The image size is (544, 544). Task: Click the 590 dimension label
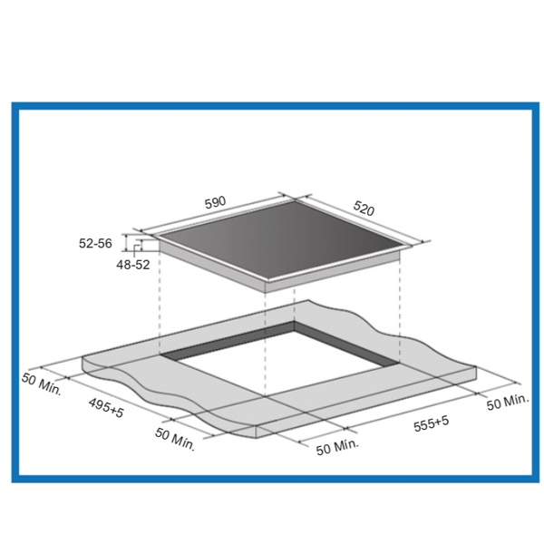click(x=215, y=202)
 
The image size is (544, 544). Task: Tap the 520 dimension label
click(x=364, y=209)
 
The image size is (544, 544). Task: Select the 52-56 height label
click(x=95, y=243)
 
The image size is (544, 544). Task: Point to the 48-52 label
click(x=133, y=265)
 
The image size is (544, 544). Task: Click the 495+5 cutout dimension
click(x=106, y=408)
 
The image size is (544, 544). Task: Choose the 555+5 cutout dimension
click(x=432, y=423)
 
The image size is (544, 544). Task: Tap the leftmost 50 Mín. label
click(x=42, y=384)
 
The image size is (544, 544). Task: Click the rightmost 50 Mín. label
click(x=508, y=403)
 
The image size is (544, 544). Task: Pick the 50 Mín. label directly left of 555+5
click(x=337, y=447)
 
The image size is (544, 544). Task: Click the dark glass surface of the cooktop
click(x=283, y=240)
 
